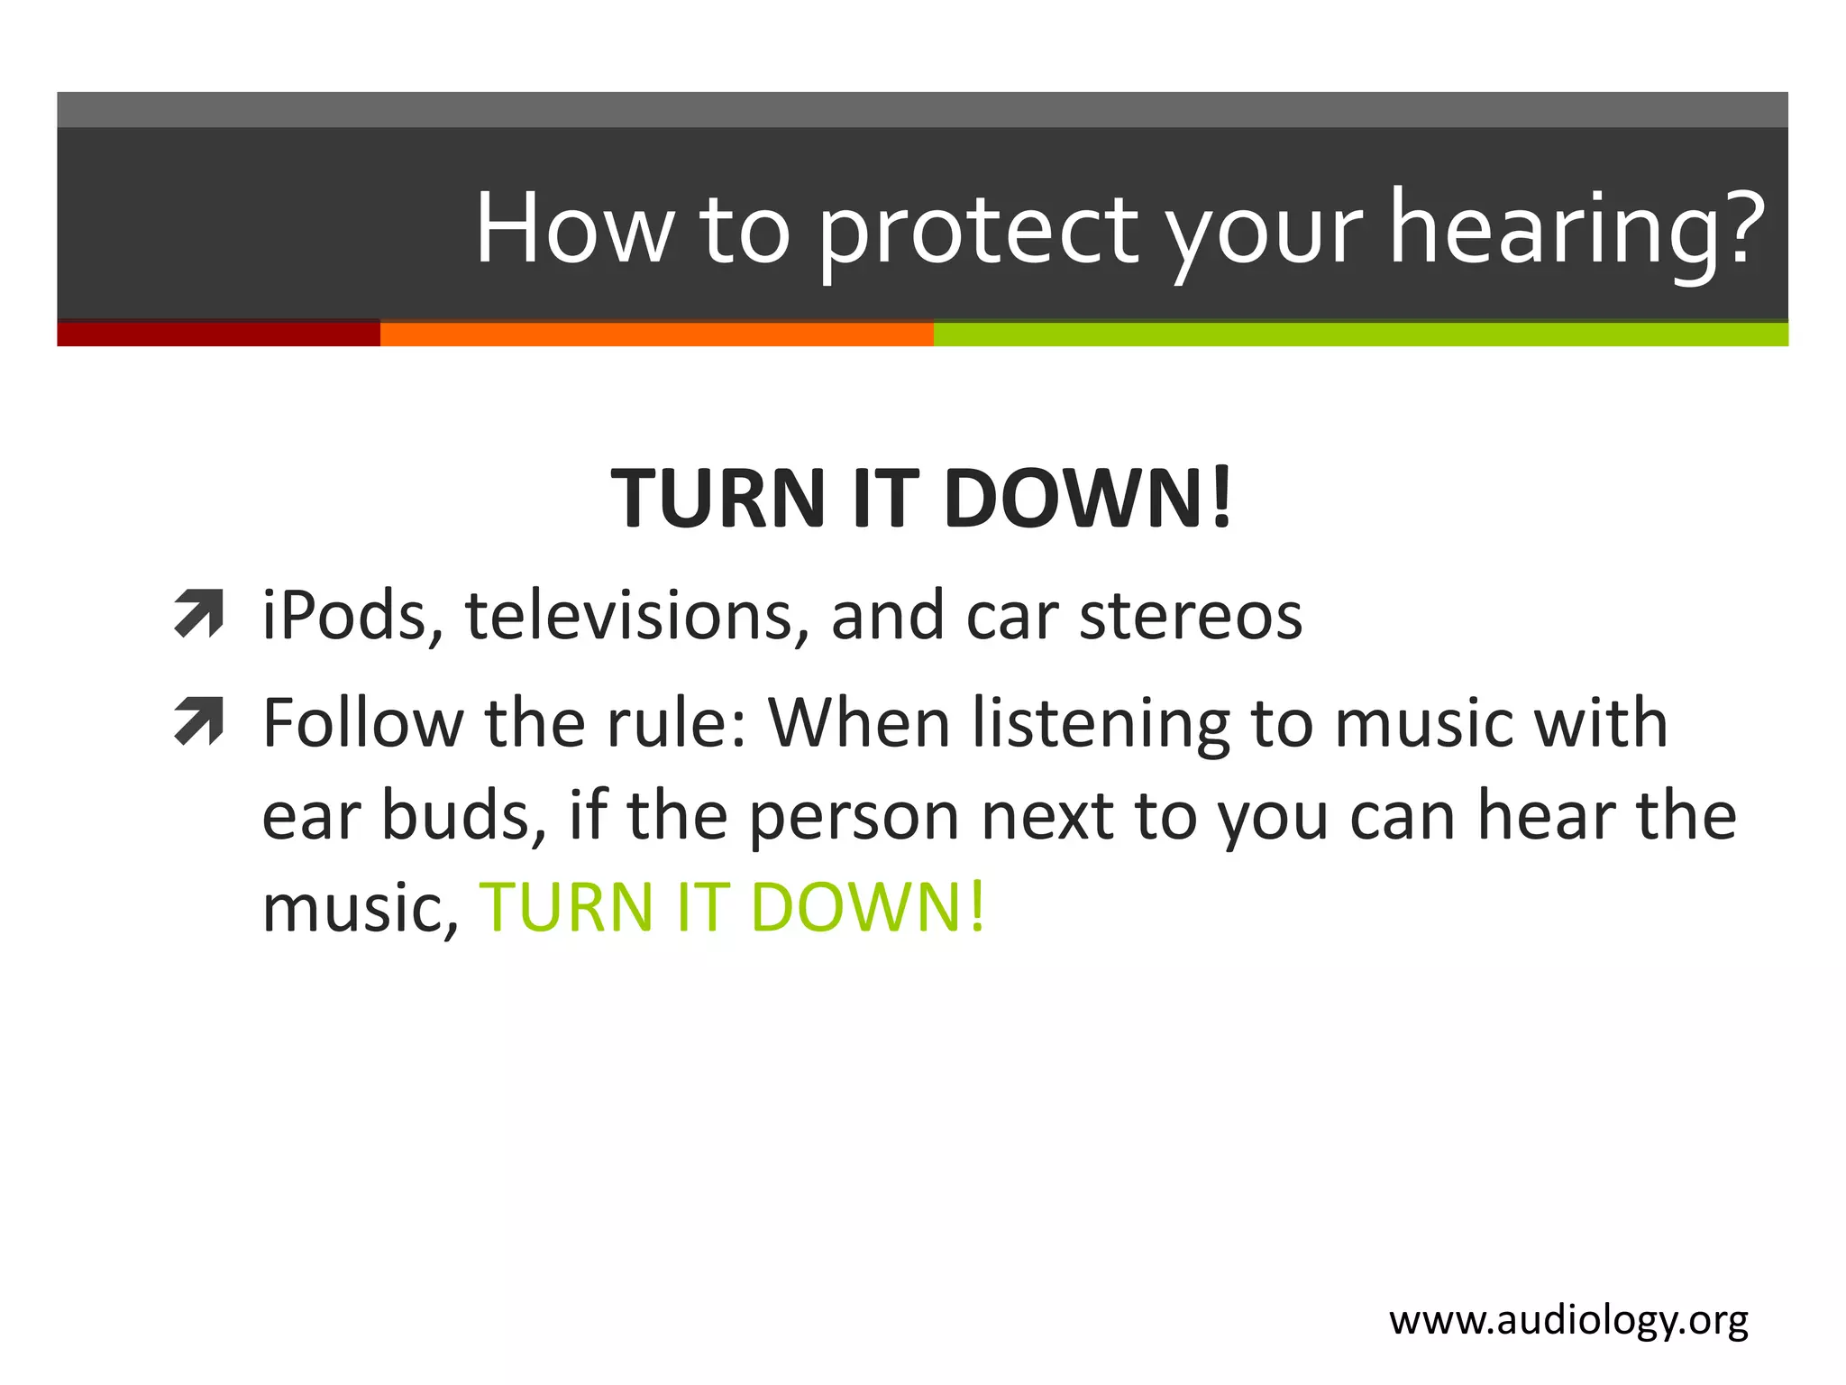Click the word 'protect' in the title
pyautogui.click(x=978, y=230)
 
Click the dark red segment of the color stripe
pyautogui.click(x=218, y=334)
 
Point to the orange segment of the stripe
pyautogui.click(x=656, y=334)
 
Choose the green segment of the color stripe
pyautogui.click(x=1361, y=334)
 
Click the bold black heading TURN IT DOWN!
pyautogui.click(x=921, y=499)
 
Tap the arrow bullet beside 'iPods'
pyautogui.click(x=199, y=614)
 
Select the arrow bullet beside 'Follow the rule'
pyautogui.click(x=199, y=722)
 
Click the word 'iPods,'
pyautogui.click(x=352, y=616)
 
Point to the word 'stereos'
pyautogui.click(x=1191, y=616)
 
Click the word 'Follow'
pyautogui.click(x=361, y=724)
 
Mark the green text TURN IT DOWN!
pyautogui.click(x=733, y=907)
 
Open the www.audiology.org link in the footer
pyautogui.click(x=1568, y=1321)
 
